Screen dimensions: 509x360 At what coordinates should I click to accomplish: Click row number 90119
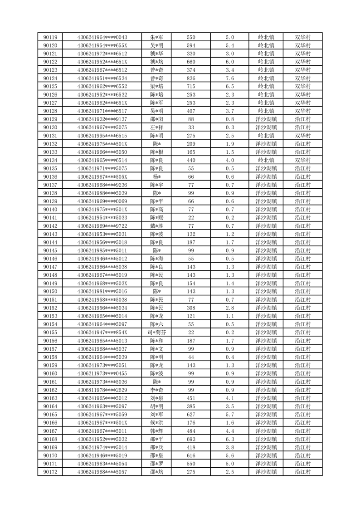(x=50, y=37)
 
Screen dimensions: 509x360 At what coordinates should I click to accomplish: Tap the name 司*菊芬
(x=157, y=333)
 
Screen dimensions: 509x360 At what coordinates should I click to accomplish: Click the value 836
(x=191, y=78)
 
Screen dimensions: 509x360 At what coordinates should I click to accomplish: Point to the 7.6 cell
(x=229, y=78)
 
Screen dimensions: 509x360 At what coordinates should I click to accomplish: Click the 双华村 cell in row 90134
(x=303, y=160)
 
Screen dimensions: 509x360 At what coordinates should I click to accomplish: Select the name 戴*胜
(x=157, y=226)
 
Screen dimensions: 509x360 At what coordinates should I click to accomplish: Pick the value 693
(x=191, y=439)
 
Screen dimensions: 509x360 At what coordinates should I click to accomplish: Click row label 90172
(x=50, y=472)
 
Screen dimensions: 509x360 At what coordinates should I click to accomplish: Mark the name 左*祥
(x=157, y=127)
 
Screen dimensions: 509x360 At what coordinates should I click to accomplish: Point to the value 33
(x=191, y=127)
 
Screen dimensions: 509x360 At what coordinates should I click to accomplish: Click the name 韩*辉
(x=157, y=431)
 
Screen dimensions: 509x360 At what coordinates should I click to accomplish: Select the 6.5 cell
(x=229, y=86)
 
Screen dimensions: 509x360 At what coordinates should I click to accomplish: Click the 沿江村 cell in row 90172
(x=303, y=472)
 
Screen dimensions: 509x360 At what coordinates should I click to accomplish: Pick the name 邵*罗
(x=157, y=464)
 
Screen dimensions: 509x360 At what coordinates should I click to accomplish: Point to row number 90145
(x=50, y=250)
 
